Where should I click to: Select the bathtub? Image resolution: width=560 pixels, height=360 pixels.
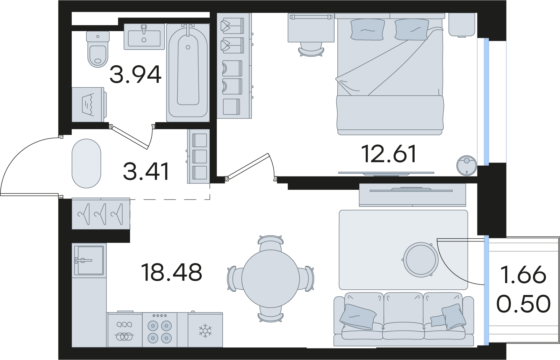[x=188, y=73]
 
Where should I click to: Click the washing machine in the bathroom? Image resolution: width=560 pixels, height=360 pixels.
[x=88, y=104]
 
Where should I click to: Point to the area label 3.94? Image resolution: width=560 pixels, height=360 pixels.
[x=136, y=75]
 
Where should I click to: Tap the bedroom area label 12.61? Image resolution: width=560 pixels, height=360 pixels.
[x=389, y=154]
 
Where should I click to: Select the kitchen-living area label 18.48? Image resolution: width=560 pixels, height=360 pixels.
[x=172, y=273]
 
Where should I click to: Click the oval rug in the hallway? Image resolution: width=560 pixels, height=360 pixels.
[x=86, y=164]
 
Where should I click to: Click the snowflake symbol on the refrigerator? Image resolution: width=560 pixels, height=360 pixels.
[x=205, y=331]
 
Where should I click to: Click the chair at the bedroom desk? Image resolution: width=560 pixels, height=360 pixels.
[x=310, y=49]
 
